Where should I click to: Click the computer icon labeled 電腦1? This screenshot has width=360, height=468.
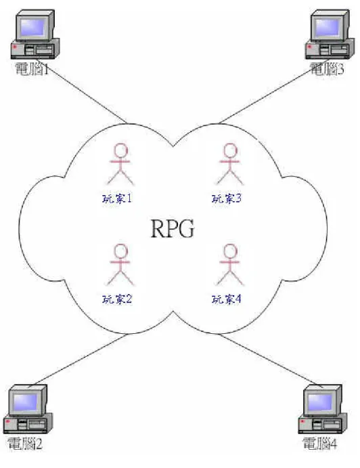click(x=35, y=34)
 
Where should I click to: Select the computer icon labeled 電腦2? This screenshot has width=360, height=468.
click(x=28, y=408)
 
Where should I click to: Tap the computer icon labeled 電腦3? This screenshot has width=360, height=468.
click(x=330, y=34)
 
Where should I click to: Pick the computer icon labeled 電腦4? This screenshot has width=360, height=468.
click(x=322, y=408)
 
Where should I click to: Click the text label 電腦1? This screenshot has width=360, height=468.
click(x=32, y=69)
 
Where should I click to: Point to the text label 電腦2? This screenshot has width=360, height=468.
click(x=25, y=444)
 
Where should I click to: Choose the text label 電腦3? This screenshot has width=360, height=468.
click(x=327, y=69)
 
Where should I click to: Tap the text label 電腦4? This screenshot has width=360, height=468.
click(x=319, y=443)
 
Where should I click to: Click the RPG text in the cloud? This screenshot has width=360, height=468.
click(x=173, y=229)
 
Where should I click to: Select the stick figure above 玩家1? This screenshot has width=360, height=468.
click(x=120, y=164)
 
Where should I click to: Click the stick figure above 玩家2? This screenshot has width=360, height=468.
click(x=120, y=265)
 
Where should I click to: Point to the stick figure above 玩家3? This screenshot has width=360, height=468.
click(x=230, y=164)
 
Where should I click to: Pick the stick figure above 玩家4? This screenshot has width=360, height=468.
click(x=230, y=265)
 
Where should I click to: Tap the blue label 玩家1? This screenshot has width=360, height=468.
click(x=117, y=198)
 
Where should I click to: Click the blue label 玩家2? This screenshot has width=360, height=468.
click(x=117, y=299)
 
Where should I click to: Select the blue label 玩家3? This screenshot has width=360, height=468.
click(x=227, y=198)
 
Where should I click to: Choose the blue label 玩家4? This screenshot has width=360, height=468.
click(x=227, y=299)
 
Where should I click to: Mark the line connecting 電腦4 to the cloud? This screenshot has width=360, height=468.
click(x=271, y=361)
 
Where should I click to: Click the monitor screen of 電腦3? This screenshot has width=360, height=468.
click(x=328, y=28)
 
